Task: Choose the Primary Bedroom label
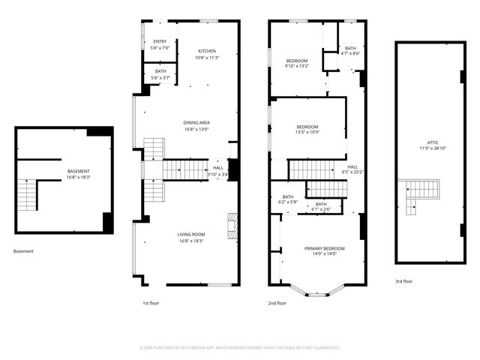tap(324, 250)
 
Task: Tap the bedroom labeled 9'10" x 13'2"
tap(297, 62)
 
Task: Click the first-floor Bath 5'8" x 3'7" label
tap(160, 74)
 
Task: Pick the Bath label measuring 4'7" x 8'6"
tap(350, 49)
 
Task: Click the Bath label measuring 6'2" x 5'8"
tap(288, 199)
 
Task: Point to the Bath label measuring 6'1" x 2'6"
tap(321, 206)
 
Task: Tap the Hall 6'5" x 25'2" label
tap(352, 169)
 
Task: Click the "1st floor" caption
tap(151, 303)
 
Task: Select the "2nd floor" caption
tap(277, 303)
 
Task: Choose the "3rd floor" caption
tap(403, 281)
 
